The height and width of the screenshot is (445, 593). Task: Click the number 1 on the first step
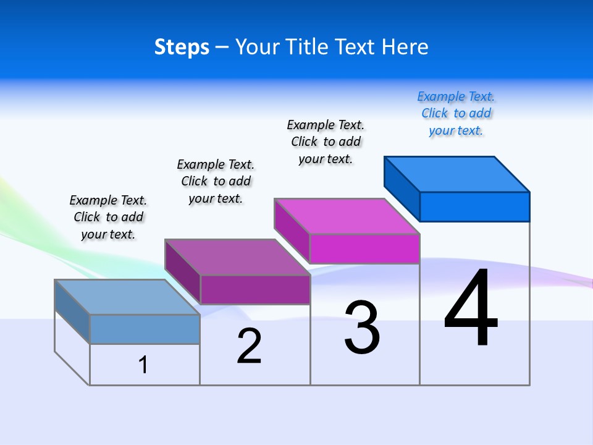[x=143, y=365]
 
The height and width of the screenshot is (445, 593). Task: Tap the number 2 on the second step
[x=249, y=346]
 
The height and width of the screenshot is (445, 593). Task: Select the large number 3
[x=362, y=328]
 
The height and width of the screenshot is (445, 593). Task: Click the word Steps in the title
[x=182, y=47]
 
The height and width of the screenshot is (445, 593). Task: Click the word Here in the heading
[x=405, y=47]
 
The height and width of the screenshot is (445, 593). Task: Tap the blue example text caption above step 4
[x=456, y=114]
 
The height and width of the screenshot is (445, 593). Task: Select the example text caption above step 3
[x=326, y=142]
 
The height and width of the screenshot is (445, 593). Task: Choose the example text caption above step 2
[x=216, y=181]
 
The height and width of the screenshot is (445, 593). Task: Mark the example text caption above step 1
[x=108, y=217]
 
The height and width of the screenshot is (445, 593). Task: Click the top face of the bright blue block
[x=457, y=174]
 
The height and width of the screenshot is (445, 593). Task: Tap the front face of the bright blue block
[x=474, y=206]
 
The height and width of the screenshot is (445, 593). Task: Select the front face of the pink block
[x=364, y=248]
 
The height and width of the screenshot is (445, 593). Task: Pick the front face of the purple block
[x=255, y=289]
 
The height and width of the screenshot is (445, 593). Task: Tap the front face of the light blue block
[x=145, y=329]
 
